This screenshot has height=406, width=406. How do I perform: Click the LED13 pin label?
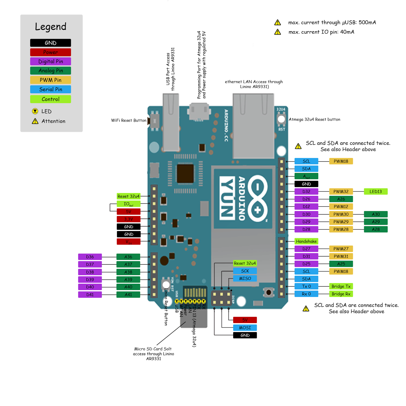[x=376, y=192]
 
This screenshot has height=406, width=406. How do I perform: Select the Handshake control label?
[x=306, y=241]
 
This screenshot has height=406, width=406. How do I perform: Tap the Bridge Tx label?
[x=341, y=286]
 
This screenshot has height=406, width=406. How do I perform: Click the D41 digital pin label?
[x=90, y=295]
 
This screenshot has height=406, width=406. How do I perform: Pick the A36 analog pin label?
[x=128, y=257]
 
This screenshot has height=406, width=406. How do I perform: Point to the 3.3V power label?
[x=128, y=219]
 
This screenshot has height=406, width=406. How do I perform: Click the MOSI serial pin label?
[x=245, y=328]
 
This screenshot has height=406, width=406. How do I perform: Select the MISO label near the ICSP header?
[x=245, y=279]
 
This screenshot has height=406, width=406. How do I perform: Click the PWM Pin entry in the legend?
[x=50, y=80]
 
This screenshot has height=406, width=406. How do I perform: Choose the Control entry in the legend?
[x=50, y=99]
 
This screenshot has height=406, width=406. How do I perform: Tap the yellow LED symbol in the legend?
[x=35, y=111]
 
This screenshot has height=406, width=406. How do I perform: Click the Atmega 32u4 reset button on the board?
[x=281, y=119]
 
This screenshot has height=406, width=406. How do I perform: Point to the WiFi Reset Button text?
[x=129, y=120]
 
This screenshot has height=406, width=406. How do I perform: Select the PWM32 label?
[x=341, y=192]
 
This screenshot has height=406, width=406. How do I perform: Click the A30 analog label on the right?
[x=376, y=214]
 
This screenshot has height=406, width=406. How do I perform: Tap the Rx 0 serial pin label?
[x=306, y=294]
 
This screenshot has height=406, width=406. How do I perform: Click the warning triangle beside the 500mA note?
[x=278, y=23]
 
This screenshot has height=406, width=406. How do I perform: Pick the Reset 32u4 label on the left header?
[x=128, y=196]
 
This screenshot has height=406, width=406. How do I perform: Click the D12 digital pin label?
[x=306, y=207]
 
